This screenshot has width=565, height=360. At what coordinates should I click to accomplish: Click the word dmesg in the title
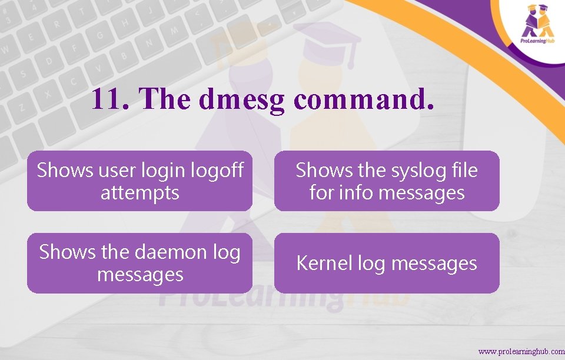tap(241, 100)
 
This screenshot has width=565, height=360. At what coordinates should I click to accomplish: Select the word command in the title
tap(364, 99)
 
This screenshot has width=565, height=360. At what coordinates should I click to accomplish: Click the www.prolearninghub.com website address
tap(521, 351)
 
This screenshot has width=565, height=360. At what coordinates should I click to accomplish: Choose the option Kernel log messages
tap(387, 263)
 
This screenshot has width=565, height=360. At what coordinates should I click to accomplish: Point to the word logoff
tap(217, 170)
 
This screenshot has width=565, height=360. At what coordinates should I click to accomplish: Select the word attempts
tap(139, 192)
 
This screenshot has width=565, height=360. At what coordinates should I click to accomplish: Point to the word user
tap(117, 170)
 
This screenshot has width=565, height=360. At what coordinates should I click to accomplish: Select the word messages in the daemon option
tap(139, 274)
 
